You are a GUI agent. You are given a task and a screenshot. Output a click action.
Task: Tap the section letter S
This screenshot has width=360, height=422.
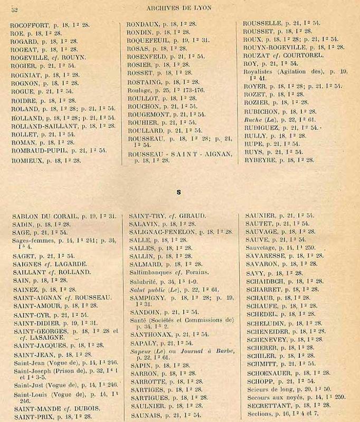point(179,193)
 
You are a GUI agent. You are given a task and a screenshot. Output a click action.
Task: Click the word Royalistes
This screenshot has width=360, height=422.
point(260,71)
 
